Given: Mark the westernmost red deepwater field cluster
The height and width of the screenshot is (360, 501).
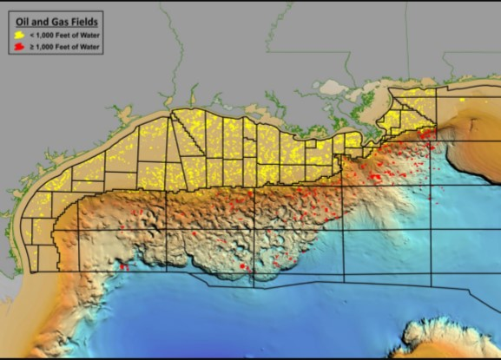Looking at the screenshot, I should [x=122, y=265].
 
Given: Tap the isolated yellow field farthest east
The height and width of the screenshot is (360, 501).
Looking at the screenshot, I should [x=463, y=101].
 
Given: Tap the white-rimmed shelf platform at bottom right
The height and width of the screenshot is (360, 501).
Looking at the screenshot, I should [x=443, y=338].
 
